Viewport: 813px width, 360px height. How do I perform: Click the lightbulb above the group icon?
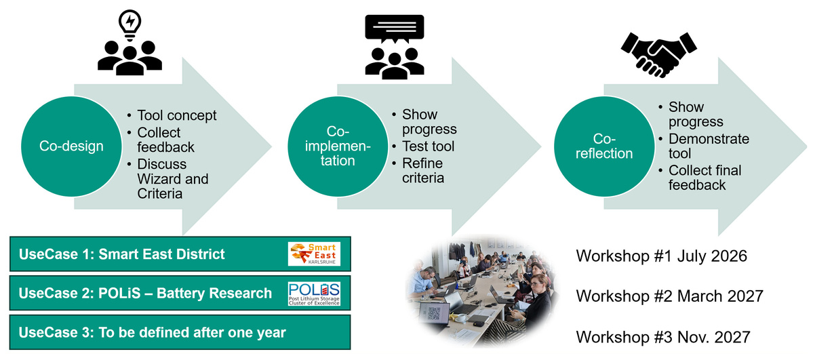tap(130, 22)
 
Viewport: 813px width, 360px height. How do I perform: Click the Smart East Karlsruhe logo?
tap(314, 254)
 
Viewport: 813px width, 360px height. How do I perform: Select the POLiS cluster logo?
tap(314, 293)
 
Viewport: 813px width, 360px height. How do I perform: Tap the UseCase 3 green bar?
tap(180, 332)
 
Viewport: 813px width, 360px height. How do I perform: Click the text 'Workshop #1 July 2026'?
tap(661, 256)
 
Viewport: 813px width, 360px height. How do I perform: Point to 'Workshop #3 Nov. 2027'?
tap(662, 336)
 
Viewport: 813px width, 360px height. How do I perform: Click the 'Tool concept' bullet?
tap(176, 115)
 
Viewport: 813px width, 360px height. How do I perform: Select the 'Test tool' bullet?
tap(428, 146)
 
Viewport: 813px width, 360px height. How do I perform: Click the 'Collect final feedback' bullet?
tap(705, 177)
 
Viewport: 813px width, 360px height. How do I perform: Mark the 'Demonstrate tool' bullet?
tap(709, 146)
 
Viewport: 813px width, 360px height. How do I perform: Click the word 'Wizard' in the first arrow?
tap(163, 180)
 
